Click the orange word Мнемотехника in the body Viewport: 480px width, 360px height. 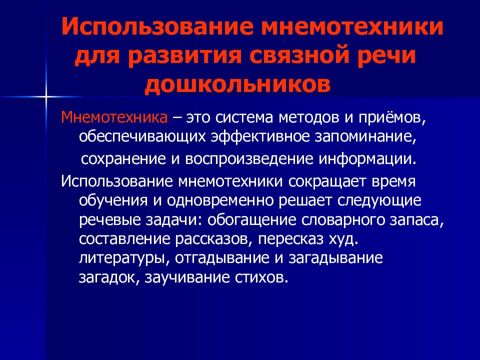[114, 118]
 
